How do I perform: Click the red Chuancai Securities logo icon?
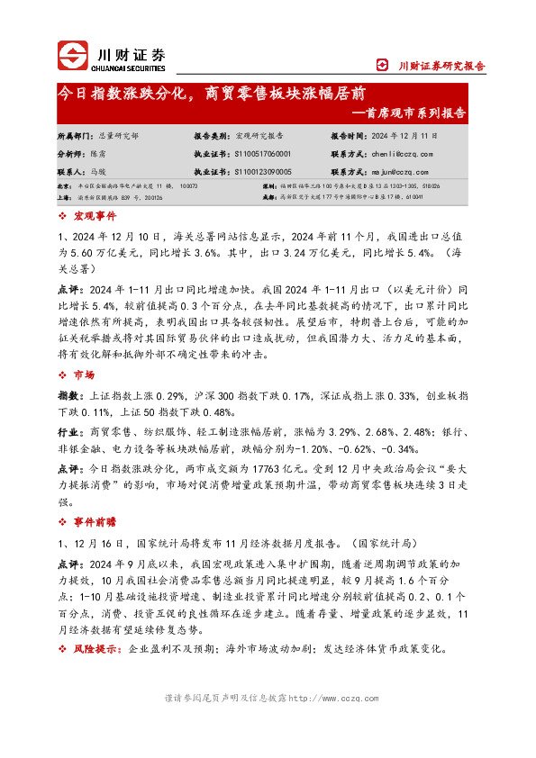(73, 57)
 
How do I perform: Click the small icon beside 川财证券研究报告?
(382, 66)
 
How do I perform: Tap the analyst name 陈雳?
(98, 153)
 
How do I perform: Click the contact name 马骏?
(98, 170)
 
